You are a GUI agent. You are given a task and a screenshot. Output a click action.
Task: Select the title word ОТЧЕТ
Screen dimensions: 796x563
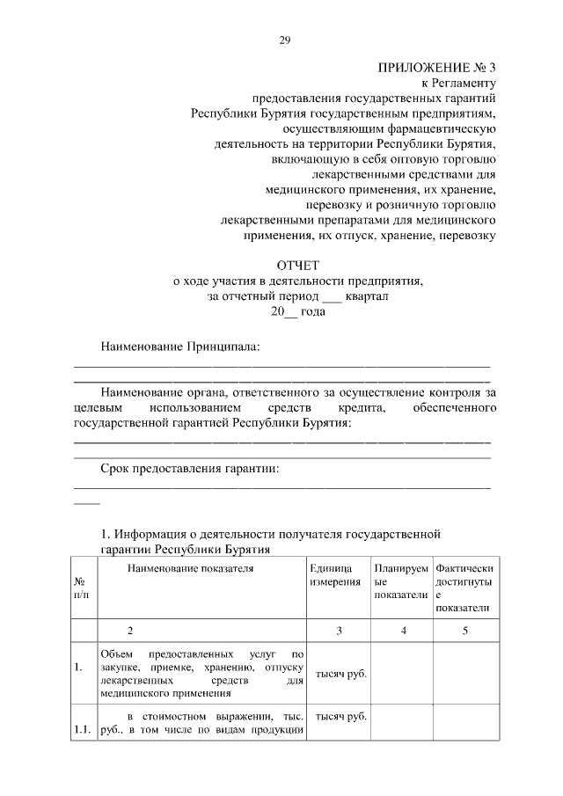tap(298, 265)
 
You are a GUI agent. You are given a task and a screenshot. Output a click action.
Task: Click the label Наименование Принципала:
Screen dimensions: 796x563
tap(179, 347)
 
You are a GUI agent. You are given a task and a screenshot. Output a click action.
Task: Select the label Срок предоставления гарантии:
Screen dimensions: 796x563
tap(189, 468)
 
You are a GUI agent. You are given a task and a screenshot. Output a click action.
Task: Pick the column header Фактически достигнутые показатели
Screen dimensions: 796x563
tap(464, 588)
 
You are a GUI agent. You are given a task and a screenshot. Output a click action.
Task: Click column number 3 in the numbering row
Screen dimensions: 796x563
tap(339, 631)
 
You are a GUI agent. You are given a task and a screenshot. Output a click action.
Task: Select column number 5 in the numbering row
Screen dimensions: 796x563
tap(465, 631)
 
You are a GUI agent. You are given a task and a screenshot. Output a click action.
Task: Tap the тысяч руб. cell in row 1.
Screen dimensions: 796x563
tap(340, 674)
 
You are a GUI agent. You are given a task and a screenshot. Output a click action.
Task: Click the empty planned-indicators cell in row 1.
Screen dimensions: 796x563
tap(401, 674)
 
